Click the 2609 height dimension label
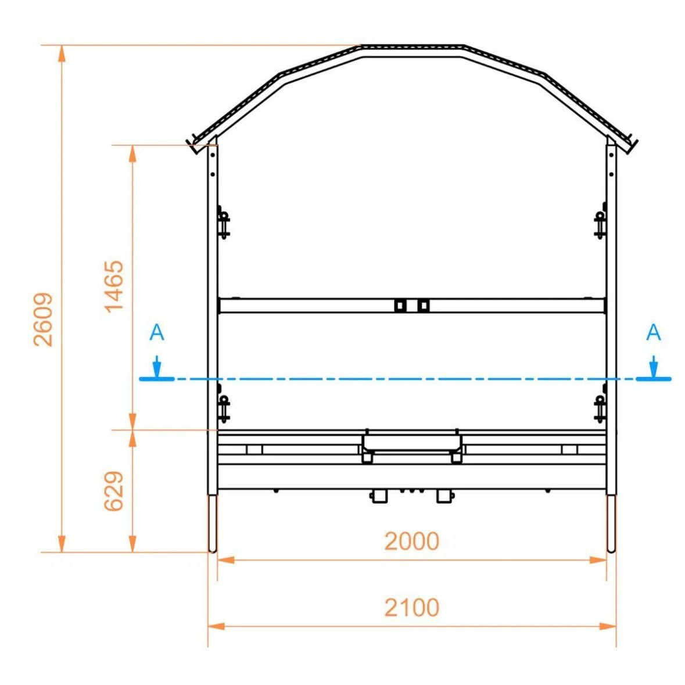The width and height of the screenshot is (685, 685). tap(43, 320)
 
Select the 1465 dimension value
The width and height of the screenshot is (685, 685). tap(114, 286)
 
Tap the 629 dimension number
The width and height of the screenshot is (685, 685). tap(113, 490)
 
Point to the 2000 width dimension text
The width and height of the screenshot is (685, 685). tap(411, 541)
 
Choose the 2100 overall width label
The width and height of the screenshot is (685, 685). tap(411, 607)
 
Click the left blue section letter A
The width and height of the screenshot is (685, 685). tap(157, 332)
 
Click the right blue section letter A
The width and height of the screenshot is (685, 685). tap(653, 332)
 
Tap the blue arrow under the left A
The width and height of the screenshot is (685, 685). tap(157, 366)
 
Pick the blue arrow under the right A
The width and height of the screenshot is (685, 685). tap(654, 366)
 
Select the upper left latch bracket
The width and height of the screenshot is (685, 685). tap(223, 223)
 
